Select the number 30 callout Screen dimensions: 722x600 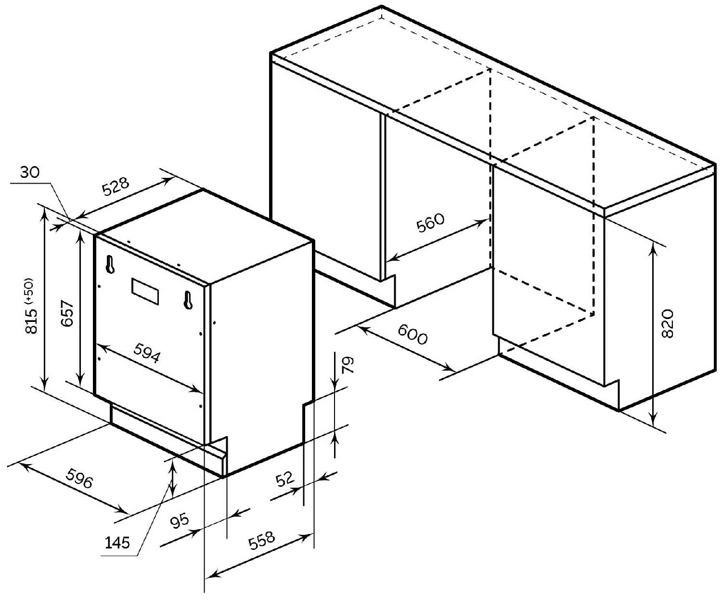tap(30, 172)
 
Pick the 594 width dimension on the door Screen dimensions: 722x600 tap(147, 353)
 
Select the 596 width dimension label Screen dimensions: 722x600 tap(79, 478)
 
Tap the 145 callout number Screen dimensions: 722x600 tap(117, 543)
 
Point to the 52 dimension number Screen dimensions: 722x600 tap(284, 479)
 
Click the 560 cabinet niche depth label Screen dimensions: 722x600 tap(430, 223)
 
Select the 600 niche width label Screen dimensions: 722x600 tap(413, 334)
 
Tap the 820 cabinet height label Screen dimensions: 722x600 tap(667, 324)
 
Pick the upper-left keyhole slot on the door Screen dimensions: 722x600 tap(110, 265)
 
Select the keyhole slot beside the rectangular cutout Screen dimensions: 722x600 tap(188, 300)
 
